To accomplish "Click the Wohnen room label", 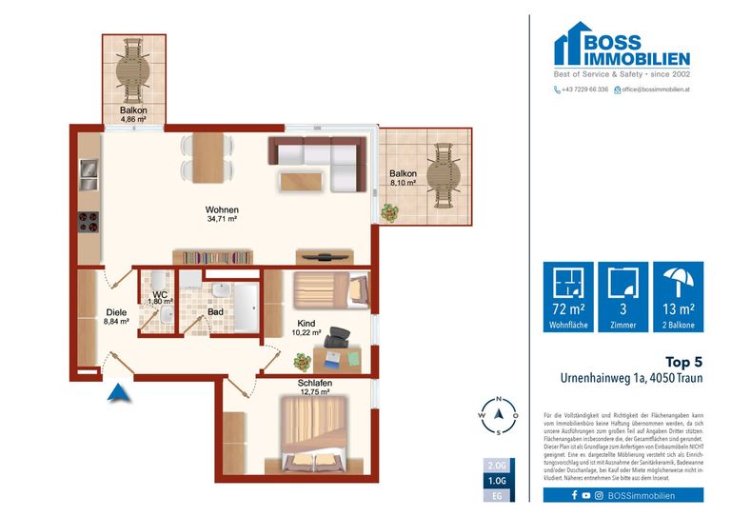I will click(222, 209).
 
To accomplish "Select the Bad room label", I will click(216, 311).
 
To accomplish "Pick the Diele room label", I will click(116, 311).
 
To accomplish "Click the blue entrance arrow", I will click(117, 392).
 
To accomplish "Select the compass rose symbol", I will click(498, 415).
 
